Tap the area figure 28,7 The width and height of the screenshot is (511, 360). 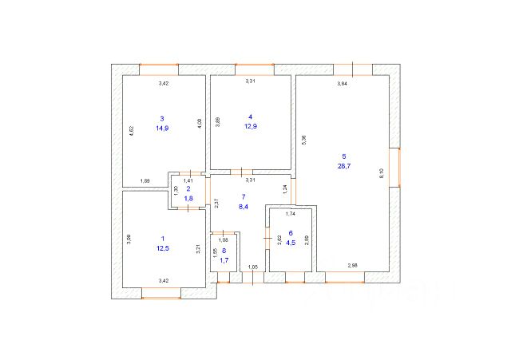point(344,167)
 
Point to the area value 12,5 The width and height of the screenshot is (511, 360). point(162,249)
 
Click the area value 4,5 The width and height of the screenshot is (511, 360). point(291,245)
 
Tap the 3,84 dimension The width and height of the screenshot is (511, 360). point(343,84)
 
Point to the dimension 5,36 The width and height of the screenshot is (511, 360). point(303,138)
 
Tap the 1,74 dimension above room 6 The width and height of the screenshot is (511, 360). point(291,214)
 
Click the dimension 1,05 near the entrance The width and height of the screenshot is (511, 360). point(252,267)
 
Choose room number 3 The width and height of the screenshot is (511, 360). point(162,117)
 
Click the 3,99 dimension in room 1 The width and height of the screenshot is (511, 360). point(129,238)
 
